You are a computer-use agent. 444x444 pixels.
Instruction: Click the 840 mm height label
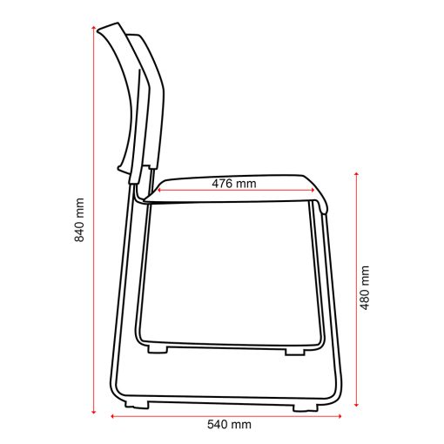[79, 220]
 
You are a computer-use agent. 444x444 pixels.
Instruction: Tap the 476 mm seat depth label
[234, 184]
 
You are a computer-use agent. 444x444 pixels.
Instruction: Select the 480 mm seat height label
[365, 287]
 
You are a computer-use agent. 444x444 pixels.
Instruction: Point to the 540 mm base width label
[229, 425]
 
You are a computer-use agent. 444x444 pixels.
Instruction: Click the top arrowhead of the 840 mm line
[93, 27]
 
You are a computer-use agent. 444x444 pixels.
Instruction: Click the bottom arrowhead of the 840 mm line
[93, 412]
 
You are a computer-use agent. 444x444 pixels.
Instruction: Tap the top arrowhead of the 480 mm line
[357, 174]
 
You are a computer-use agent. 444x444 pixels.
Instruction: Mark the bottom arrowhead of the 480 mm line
[357, 404]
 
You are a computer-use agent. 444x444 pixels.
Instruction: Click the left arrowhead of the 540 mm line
[113, 416]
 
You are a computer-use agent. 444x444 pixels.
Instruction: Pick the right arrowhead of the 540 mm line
[340, 416]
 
